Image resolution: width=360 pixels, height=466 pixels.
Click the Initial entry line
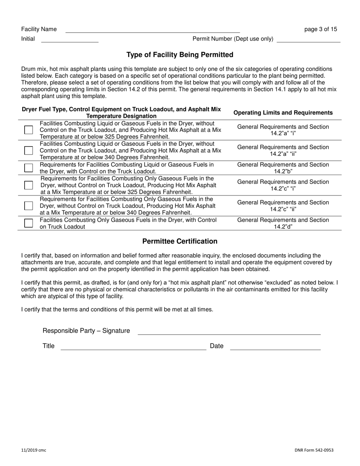70,39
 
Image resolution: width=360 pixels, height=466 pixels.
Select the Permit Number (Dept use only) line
308,39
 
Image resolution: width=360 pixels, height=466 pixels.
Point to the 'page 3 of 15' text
321,29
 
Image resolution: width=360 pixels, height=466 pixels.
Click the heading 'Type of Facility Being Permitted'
180,55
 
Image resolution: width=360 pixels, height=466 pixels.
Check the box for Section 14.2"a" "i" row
28,130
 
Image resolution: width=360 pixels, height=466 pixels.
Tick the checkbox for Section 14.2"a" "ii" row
28,150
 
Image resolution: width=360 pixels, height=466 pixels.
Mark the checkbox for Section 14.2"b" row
28,168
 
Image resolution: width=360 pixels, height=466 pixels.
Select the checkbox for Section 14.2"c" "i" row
28,185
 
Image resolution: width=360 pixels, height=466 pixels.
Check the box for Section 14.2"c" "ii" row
28,206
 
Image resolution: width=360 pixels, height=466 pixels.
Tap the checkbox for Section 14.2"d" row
28,223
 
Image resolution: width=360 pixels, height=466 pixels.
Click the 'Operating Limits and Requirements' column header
283,113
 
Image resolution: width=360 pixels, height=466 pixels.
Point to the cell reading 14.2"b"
283,171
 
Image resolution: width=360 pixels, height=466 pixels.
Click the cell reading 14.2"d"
283,227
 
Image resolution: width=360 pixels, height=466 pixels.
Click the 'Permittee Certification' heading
180,241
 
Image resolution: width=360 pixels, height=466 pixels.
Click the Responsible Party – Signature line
229,332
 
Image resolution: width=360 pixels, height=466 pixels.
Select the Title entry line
133,347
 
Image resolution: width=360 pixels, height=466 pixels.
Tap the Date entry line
275,347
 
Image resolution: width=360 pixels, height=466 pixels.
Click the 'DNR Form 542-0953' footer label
314,450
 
